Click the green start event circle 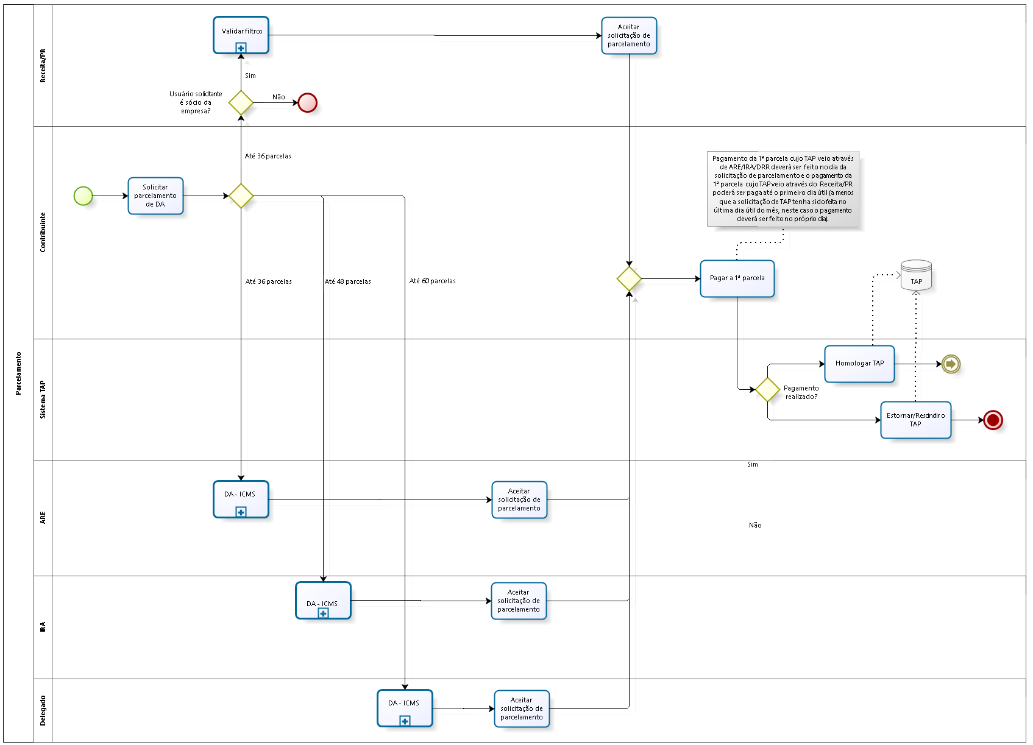coord(83,196)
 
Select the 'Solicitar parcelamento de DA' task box coord(155,196)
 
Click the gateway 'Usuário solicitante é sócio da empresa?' coord(241,103)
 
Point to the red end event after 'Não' coord(308,103)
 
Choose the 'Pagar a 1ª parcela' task coord(737,278)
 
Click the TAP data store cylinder coord(916,275)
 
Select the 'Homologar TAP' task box coord(859,364)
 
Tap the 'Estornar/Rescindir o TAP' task coord(915,420)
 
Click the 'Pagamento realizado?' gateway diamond coord(767,389)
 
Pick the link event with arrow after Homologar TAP coord(951,364)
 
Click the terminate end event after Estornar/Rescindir coord(993,420)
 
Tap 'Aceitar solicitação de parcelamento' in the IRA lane coord(519,601)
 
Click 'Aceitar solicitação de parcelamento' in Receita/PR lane coord(629,36)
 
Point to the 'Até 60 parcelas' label coord(433,281)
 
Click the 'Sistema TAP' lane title coord(43,400)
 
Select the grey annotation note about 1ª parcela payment coord(783,189)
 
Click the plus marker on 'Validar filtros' coord(241,48)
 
